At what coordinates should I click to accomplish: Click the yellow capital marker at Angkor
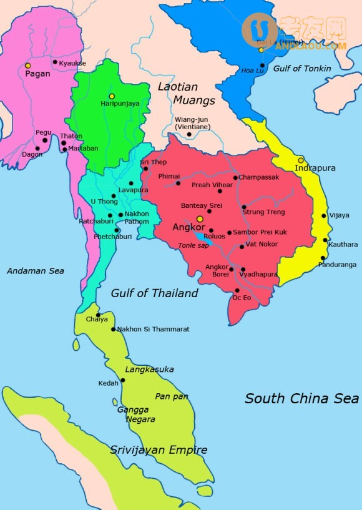coord(200,219)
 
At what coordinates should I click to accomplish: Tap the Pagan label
coord(37,74)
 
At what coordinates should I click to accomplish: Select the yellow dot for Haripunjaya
coord(112,96)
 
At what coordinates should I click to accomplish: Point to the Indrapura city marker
coord(301,160)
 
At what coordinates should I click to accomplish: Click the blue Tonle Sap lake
coord(201,237)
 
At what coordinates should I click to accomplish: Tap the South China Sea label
coord(301,398)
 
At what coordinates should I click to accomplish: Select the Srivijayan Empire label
coord(159,449)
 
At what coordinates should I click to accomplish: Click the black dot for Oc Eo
coord(237,290)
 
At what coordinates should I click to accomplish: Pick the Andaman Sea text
coord(35,271)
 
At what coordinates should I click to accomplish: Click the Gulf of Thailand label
coord(154,293)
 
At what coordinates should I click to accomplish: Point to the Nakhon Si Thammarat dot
coord(113,330)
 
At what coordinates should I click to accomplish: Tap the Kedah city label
coord(108,383)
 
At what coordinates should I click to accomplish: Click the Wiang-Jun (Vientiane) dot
coord(189,134)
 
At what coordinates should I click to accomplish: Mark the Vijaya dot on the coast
coord(324,216)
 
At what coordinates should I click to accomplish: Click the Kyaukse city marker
coord(55,62)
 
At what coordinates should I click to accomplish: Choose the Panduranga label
coord(337,265)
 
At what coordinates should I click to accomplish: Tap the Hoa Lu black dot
coord(262,65)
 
